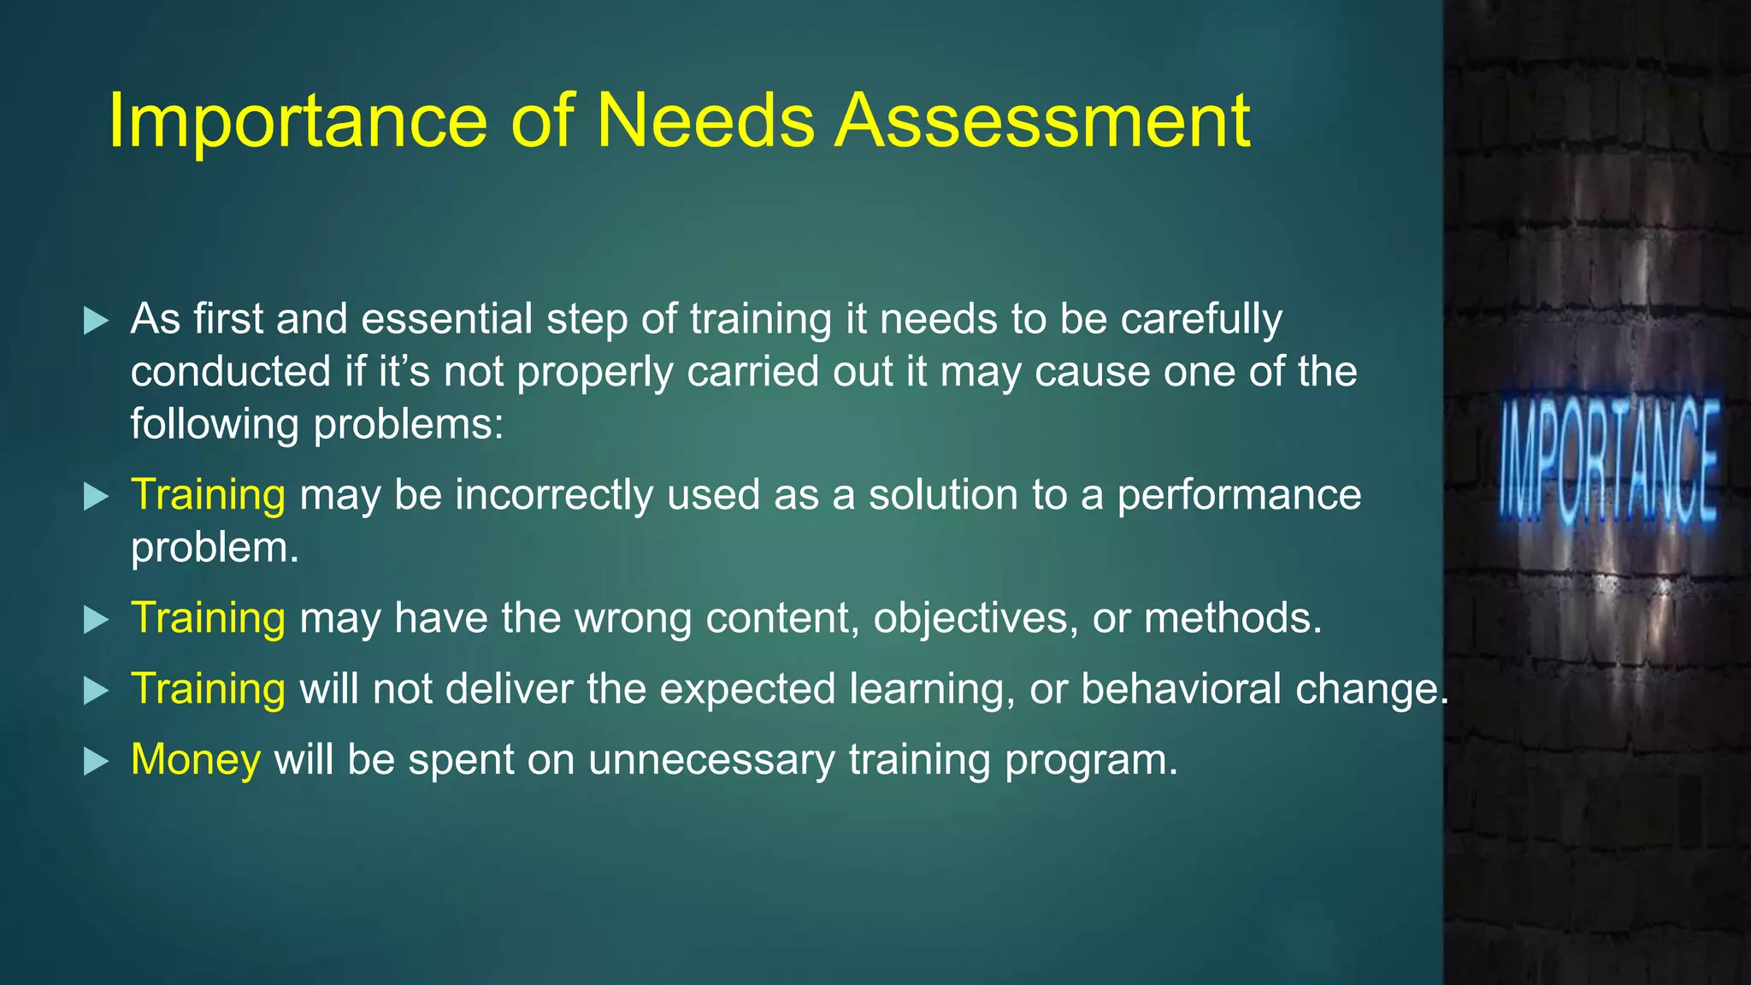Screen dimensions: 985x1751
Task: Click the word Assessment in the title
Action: [x=1042, y=121]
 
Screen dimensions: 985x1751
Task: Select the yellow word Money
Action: [x=196, y=759]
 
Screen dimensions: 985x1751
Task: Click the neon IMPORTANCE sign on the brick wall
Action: [x=1608, y=463]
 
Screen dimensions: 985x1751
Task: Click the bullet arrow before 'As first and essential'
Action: [x=97, y=321]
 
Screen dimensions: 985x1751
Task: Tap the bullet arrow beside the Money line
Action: [x=97, y=761]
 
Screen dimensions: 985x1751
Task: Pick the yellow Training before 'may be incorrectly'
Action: [x=208, y=495]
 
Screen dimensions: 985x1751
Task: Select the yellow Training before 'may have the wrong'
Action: [x=208, y=618]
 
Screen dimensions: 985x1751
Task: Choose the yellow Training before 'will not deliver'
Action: [x=208, y=689]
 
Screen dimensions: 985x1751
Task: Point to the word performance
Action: [x=1239, y=496]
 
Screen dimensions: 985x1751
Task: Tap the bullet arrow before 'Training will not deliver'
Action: [x=97, y=691]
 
